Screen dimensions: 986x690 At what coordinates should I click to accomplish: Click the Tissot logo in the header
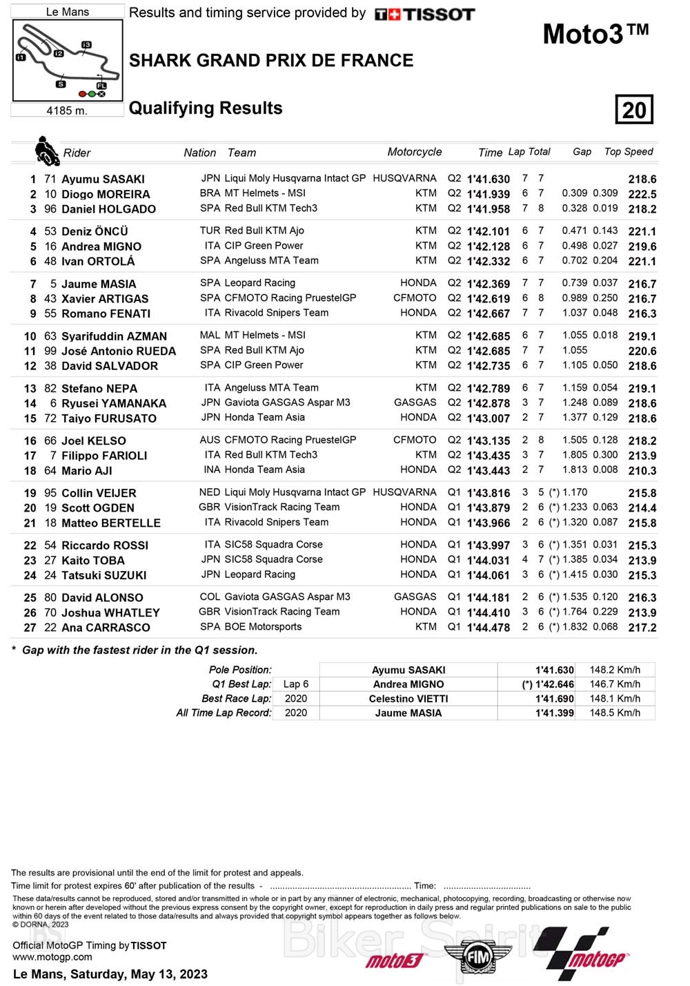coord(424,14)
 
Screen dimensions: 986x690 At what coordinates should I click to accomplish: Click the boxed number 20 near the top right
coord(633,110)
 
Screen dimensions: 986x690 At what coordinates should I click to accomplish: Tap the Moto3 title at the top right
coord(595,34)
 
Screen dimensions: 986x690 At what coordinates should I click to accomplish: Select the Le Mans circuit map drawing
coord(67,61)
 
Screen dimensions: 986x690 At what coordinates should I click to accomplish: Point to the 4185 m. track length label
coord(67,110)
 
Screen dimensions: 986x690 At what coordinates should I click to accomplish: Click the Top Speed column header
coord(629,152)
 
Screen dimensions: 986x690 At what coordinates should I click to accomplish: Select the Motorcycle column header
coord(414,152)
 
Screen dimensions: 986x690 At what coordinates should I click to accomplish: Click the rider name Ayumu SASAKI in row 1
coord(103,179)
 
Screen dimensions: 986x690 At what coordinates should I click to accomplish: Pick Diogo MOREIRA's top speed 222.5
coord(642,194)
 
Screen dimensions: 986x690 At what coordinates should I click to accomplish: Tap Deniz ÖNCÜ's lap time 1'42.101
coord(489,231)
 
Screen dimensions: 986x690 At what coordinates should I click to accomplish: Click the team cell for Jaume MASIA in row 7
coord(259,283)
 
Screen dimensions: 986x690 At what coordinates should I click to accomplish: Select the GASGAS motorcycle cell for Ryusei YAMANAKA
coord(415,403)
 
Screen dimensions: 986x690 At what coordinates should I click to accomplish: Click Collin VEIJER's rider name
coord(99,493)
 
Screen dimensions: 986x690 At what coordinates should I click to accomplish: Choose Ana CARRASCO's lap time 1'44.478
coord(489,628)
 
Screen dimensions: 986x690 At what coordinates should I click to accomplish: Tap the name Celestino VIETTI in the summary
coord(408,699)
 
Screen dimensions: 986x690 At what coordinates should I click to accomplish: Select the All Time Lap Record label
coord(224,713)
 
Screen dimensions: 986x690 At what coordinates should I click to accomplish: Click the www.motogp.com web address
coord(52,957)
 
